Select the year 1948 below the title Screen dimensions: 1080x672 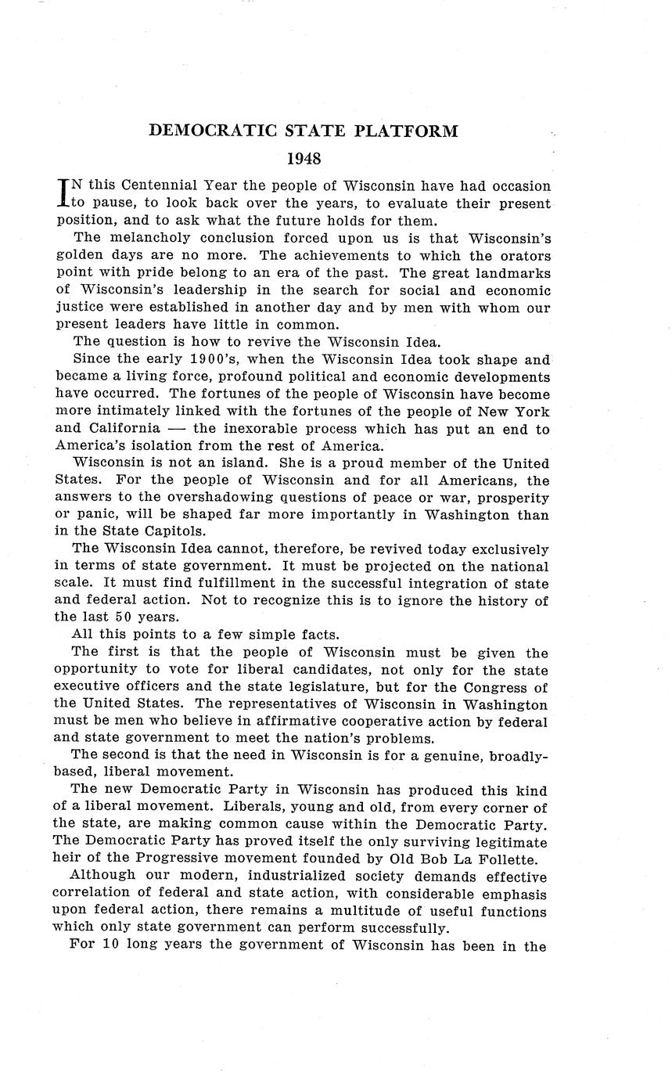[304, 159]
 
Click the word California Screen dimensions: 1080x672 [118, 429]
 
